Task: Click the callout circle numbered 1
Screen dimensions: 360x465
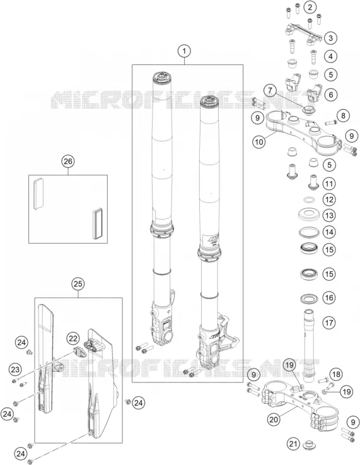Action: [184, 51]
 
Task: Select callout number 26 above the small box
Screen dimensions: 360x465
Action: [68, 162]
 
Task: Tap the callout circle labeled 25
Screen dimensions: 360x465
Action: [78, 284]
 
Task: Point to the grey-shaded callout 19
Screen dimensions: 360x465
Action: [289, 365]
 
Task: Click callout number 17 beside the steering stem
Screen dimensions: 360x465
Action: [329, 322]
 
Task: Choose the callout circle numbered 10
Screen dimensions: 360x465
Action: [259, 142]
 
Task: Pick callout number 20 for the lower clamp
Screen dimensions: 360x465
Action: [274, 420]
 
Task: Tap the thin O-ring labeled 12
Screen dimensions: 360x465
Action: [309, 199]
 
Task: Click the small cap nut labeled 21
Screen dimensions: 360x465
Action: [310, 445]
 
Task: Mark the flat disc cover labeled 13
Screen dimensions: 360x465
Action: [309, 214]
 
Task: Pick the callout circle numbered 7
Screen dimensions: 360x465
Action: [270, 90]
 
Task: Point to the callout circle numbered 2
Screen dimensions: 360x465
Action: [310, 7]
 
